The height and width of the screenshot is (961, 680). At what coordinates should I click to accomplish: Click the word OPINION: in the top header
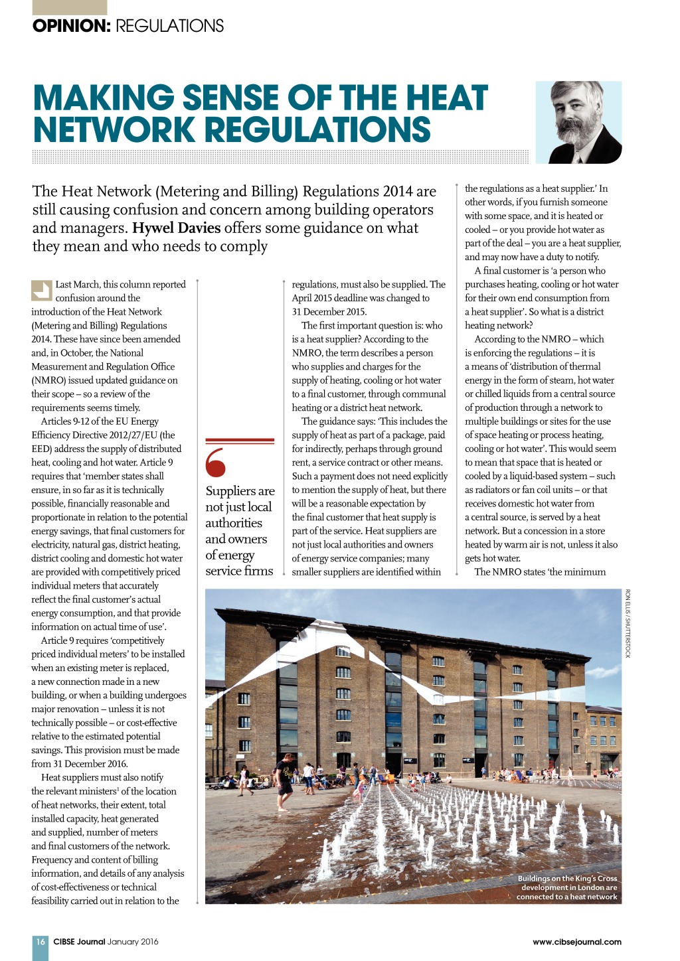(x=71, y=26)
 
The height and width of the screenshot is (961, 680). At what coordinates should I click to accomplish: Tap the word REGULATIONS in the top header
(x=169, y=26)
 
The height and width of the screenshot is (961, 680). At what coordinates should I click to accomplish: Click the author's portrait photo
(x=578, y=122)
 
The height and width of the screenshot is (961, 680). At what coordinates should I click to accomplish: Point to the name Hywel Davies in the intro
(x=176, y=228)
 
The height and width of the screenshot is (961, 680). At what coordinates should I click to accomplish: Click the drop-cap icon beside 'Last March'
(x=41, y=291)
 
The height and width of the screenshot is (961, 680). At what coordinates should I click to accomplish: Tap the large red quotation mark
(x=216, y=462)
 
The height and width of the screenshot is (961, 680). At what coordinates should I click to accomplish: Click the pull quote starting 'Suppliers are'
(x=239, y=530)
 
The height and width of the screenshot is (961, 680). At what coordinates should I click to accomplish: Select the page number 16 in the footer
(x=41, y=941)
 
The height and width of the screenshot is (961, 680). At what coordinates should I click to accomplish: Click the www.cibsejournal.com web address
(x=576, y=941)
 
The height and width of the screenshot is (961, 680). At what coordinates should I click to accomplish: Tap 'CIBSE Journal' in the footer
(x=79, y=941)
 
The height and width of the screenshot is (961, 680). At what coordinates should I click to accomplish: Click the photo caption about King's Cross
(x=568, y=887)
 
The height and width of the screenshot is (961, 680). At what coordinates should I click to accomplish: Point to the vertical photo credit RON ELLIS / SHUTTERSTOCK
(x=628, y=623)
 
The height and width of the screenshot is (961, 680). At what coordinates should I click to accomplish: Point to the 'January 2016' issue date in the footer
(x=133, y=941)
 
